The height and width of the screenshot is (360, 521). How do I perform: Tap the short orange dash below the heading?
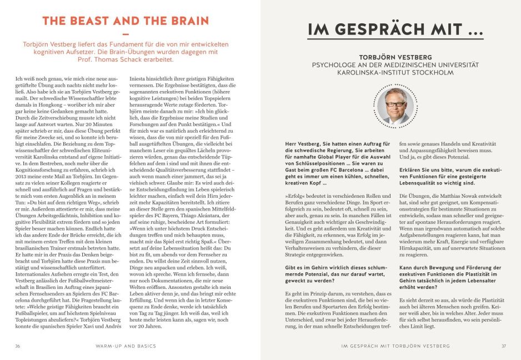[125, 34]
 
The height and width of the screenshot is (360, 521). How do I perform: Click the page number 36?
[18, 346]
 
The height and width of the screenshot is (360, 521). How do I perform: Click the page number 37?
[503, 346]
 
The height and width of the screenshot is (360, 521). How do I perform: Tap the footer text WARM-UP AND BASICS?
[125, 346]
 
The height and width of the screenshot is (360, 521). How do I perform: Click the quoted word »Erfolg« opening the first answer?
[294, 196]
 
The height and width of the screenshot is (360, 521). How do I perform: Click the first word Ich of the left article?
[19, 80]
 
